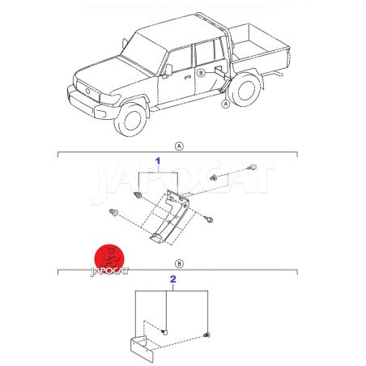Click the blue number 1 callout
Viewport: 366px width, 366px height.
tap(158, 161)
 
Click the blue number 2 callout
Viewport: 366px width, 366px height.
tap(173, 279)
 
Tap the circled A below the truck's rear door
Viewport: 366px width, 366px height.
tap(226, 104)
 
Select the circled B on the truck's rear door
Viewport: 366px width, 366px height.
tap(201, 73)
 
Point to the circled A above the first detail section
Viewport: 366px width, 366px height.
tap(179, 147)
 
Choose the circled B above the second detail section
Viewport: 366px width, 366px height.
tap(179, 264)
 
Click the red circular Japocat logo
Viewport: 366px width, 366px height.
tap(109, 258)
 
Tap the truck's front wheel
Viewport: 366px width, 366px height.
tap(131, 119)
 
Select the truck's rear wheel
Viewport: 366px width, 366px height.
tap(244, 88)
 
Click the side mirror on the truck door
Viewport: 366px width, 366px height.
tap(168, 70)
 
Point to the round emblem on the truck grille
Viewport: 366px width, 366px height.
tap(87, 91)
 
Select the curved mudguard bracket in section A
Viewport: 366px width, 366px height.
tap(168, 216)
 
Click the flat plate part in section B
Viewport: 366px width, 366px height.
tap(142, 348)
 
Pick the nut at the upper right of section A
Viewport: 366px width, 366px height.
tap(214, 177)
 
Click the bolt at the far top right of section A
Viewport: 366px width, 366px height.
tap(252, 167)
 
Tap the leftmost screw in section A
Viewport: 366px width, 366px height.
tap(113, 212)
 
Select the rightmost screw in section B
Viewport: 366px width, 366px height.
tap(207, 334)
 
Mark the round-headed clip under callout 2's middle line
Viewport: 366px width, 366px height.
tap(164, 332)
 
